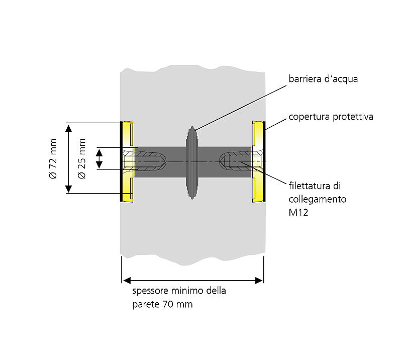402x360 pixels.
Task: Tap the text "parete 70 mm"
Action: pyautogui.click(x=162, y=304)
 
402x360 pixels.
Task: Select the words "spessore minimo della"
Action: pyautogui.click(x=179, y=291)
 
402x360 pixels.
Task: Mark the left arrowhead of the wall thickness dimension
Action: pyautogui.click(x=126, y=280)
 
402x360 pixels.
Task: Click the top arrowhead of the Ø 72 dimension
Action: pyautogui.click(x=69, y=127)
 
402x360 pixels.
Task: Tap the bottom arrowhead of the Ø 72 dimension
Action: pyautogui.click(x=69, y=190)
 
